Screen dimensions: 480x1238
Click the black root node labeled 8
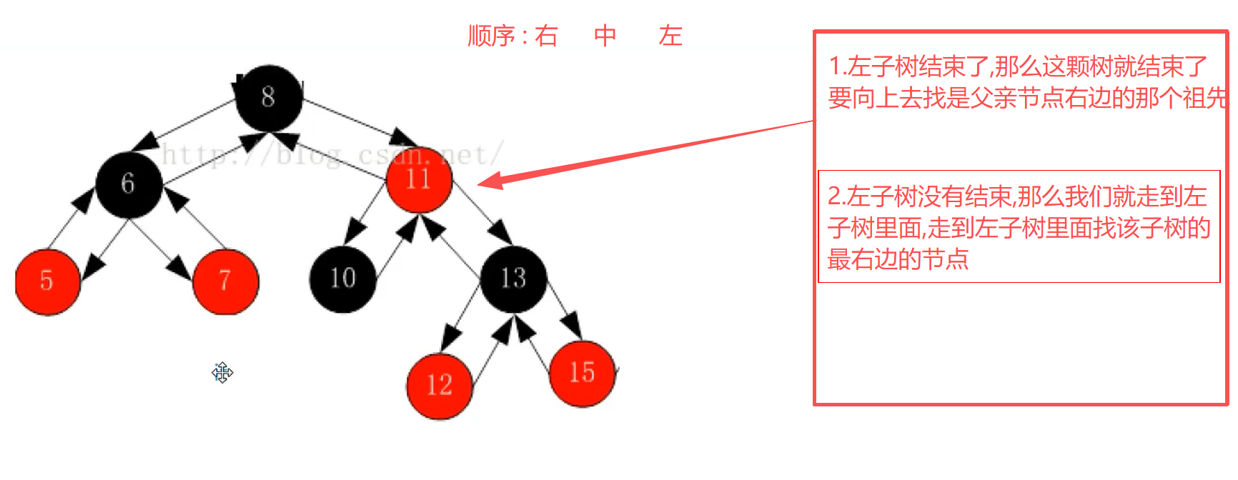coord(269,98)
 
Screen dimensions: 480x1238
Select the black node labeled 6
coord(129,184)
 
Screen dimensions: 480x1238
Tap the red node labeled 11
coord(419,179)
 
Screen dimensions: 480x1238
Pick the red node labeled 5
coord(47,281)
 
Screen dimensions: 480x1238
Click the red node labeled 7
coord(225,281)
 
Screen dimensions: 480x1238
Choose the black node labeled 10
coord(342,279)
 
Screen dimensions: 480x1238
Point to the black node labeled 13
coord(513,279)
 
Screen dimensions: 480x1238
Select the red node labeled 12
coord(439,386)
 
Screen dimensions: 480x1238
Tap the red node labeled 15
coord(582,373)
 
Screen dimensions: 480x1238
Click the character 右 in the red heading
coord(546,36)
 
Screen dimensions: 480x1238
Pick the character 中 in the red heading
coord(605,36)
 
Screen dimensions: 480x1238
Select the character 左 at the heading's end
coord(670,36)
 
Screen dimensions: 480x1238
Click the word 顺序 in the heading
coord(491,36)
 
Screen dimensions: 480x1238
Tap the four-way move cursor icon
coord(222,373)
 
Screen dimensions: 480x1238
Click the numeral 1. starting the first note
coord(837,67)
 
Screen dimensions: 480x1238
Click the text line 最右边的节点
coord(898,259)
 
